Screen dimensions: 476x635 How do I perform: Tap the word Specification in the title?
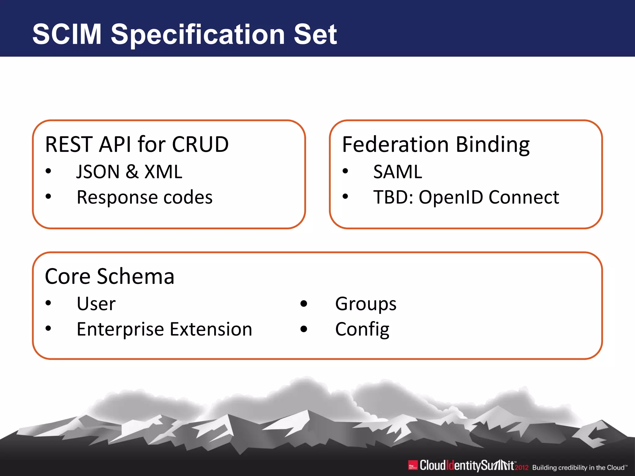(198, 35)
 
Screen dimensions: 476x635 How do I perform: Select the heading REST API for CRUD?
(137, 144)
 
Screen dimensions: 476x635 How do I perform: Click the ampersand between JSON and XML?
(132, 172)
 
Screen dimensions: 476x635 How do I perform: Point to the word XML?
(163, 172)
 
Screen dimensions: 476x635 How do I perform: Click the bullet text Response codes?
(144, 197)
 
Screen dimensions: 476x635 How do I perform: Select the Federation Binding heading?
(436, 144)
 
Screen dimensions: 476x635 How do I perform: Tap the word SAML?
(397, 172)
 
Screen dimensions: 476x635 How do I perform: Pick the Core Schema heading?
(109, 276)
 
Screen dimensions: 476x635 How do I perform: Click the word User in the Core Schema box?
(96, 304)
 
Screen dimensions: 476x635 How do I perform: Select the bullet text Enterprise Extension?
(164, 329)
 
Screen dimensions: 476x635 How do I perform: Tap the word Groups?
(366, 304)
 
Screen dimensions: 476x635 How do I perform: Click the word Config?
(362, 329)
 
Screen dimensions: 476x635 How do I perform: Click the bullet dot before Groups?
(304, 304)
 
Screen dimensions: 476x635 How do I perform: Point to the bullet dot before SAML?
(345, 171)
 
